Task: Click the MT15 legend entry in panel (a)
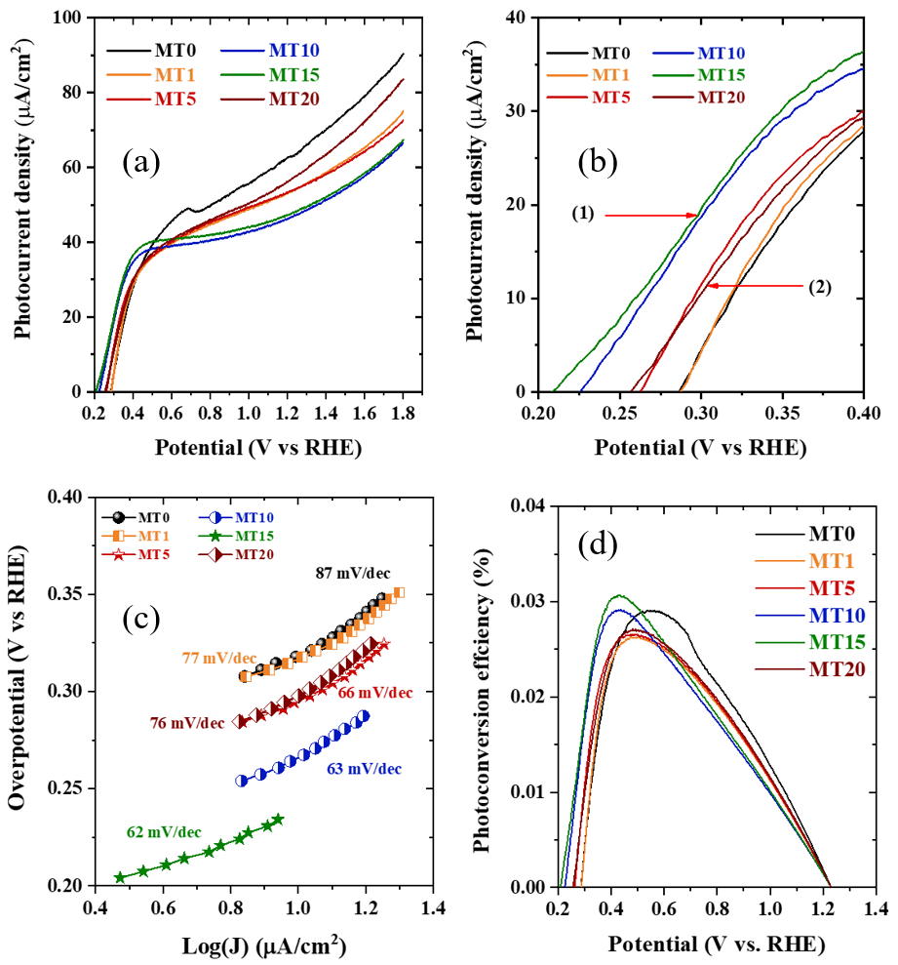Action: (x=270, y=74)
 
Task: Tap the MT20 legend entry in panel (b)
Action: (x=699, y=98)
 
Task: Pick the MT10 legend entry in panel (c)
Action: (x=236, y=517)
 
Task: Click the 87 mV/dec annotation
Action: (x=353, y=573)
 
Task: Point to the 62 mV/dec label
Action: (x=164, y=832)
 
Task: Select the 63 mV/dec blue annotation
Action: (x=364, y=769)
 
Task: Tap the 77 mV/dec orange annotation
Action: (x=219, y=658)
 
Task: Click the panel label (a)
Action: (x=140, y=163)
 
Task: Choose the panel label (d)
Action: (x=598, y=544)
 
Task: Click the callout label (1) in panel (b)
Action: (x=583, y=214)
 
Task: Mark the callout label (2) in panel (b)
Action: (x=819, y=287)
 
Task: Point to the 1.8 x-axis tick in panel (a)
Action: (x=403, y=413)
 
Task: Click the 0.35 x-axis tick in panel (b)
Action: (x=782, y=413)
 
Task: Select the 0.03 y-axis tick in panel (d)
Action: (x=527, y=601)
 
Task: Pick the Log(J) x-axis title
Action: (x=264, y=945)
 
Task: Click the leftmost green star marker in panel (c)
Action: (x=120, y=877)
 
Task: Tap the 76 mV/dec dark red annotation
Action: (x=187, y=723)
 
